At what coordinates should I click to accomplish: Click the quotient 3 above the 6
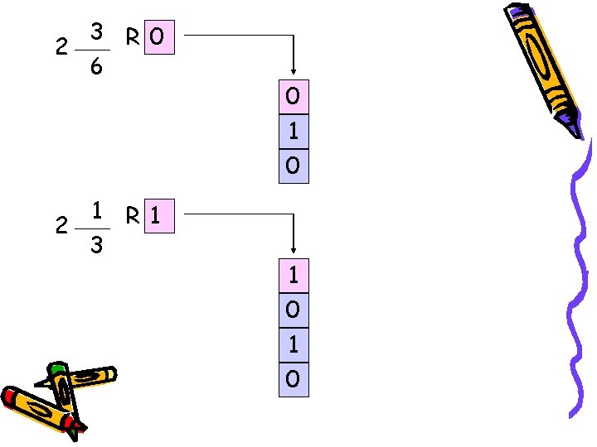pyautogui.click(x=96, y=33)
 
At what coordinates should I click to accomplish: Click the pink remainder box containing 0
pyautogui.click(x=159, y=36)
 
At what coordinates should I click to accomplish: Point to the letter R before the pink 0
pyautogui.click(x=133, y=36)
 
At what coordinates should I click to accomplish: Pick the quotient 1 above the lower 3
pyautogui.click(x=97, y=211)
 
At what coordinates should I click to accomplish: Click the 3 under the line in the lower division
pyautogui.click(x=96, y=245)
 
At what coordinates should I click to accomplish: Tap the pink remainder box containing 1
pyautogui.click(x=159, y=216)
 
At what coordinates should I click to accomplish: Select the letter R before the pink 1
pyautogui.click(x=133, y=216)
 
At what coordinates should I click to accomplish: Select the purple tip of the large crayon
pyautogui.click(x=573, y=127)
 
